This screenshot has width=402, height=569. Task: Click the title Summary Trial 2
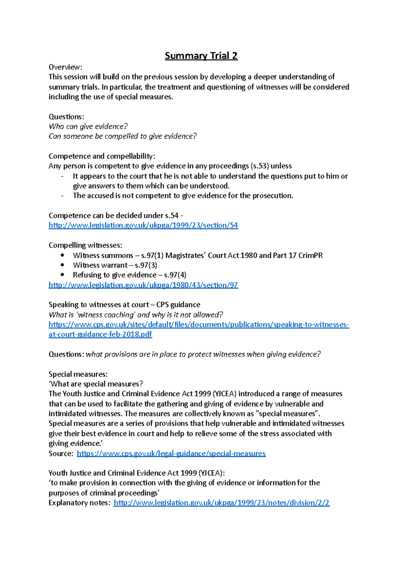click(x=201, y=56)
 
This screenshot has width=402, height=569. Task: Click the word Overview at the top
click(x=65, y=67)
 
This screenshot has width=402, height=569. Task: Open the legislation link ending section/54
click(x=143, y=226)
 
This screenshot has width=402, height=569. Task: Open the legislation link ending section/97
click(x=143, y=285)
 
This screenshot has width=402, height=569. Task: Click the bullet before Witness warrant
click(x=62, y=265)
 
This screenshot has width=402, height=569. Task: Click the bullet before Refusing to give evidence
click(x=62, y=275)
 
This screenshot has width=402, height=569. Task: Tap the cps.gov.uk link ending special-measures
click(x=171, y=454)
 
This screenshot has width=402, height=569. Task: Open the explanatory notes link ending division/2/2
click(x=221, y=503)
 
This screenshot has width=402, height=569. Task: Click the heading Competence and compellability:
click(x=102, y=156)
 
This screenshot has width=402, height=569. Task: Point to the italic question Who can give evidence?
click(x=88, y=127)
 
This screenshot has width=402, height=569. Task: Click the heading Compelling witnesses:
click(x=85, y=245)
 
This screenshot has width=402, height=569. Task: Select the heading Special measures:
click(x=78, y=374)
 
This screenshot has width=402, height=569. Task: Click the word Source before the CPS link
click(x=60, y=454)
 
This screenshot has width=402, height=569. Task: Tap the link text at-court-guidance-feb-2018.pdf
click(x=100, y=334)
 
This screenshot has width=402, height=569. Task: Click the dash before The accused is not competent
click(x=62, y=196)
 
